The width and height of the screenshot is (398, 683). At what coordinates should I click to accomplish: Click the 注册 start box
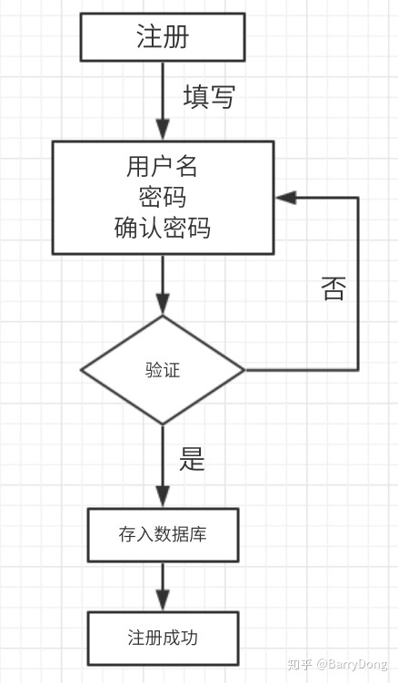(x=162, y=37)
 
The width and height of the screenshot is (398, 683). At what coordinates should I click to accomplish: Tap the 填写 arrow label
(x=209, y=97)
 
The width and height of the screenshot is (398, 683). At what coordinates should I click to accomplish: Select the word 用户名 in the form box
(x=163, y=168)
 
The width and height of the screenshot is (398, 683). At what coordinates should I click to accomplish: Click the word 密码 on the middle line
(x=163, y=198)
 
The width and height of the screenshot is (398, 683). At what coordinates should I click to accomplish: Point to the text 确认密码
(x=163, y=228)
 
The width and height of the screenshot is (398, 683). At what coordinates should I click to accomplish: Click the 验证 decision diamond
(x=163, y=370)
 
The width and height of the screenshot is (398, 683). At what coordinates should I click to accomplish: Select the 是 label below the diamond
(x=193, y=459)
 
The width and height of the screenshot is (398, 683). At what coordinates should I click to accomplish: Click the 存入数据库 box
(x=163, y=534)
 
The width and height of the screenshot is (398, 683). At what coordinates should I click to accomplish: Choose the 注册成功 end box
(x=163, y=638)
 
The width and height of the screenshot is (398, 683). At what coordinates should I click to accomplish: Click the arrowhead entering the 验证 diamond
(x=163, y=306)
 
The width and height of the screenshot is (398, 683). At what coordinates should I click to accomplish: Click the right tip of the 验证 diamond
(x=244, y=370)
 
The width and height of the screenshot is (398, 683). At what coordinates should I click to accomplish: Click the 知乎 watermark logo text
(x=300, y=665)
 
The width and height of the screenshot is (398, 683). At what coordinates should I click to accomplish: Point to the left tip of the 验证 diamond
(x=83, y=370)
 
